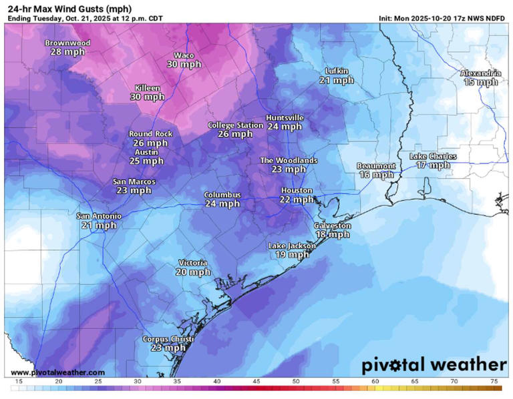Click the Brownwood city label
tap(67, 43)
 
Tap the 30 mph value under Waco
tap(184, 65)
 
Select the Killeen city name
tap(147, 88)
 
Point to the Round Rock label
tap(150, 134)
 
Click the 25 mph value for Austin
tap(146, 161)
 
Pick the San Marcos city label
tap(134, 181)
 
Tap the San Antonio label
tap(99, 216)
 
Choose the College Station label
tap(235, 125)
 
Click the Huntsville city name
tap(285, 117)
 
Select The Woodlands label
tap(289, 160)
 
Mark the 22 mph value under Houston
tap(297, 199)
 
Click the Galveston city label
tap(333, 226)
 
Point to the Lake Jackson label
tap(292, 246)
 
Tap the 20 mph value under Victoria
tap(193, 272)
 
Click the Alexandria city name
tap(481, 73)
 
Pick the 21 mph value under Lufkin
tap(336, 80)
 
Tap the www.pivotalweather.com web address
tap(58, 372)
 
